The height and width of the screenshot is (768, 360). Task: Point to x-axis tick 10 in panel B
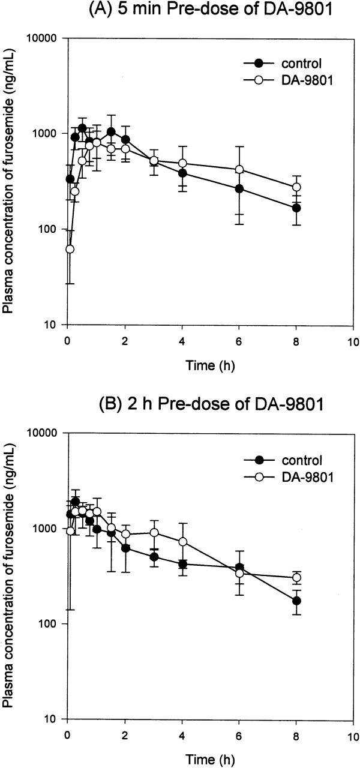coord(353,734)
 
